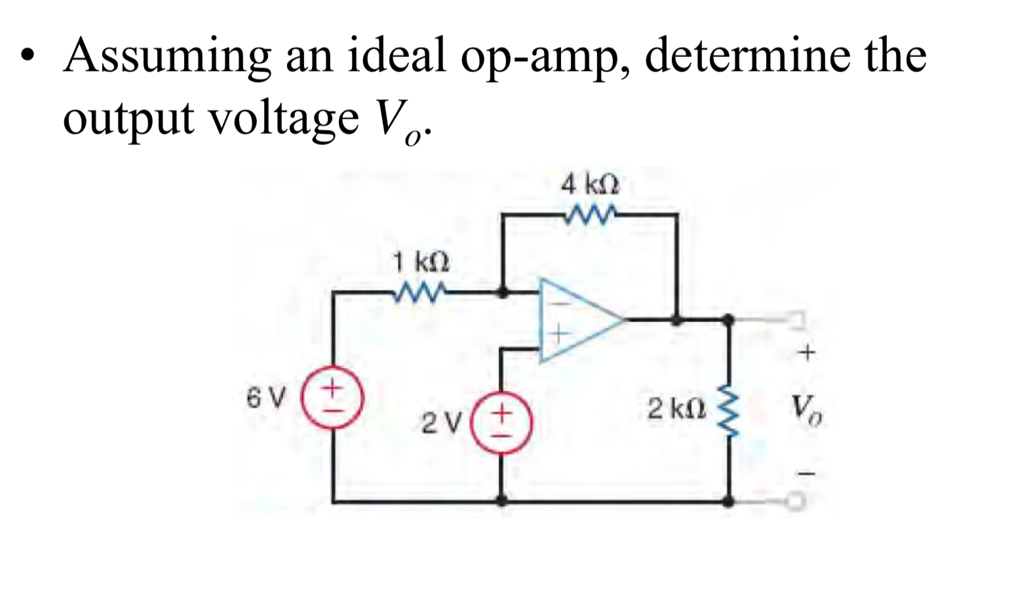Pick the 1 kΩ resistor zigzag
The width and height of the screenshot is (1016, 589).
tap(420, 291)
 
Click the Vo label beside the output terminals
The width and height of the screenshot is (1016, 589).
tap(808, 411)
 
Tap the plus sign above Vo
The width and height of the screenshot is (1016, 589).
tap(807, 354)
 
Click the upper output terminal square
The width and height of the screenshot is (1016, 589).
tap(796, 320)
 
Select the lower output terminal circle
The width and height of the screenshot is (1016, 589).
tap(795, 502)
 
